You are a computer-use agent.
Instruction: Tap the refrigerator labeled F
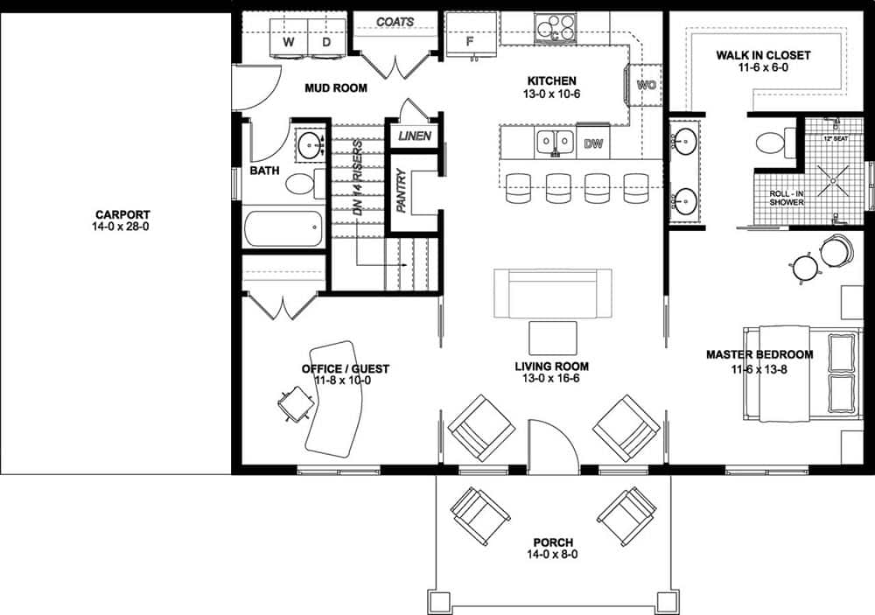[x=470, y=39]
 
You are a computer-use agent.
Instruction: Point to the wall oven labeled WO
[x=647, y=85]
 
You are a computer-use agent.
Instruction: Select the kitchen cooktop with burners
[x=555, y=27]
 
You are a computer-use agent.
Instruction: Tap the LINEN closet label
[x=414, y=136]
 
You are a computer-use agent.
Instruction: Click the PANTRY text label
[x=402, y=192]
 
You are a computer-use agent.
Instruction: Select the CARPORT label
[x=122, y=214]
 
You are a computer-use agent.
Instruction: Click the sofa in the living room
[x=552, y=294]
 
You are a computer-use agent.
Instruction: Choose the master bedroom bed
[x=801, y=372]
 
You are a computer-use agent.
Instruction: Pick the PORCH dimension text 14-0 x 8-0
[x=553, y=554]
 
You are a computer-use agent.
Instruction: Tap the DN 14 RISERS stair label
[x=358, y=179]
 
